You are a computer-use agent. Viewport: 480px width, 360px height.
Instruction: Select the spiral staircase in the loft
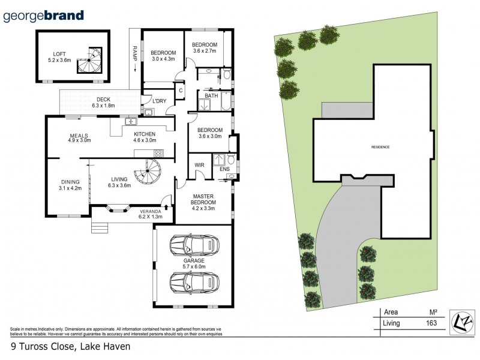[x=91, y=60]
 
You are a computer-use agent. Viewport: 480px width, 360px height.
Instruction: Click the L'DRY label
[x=159, y=101]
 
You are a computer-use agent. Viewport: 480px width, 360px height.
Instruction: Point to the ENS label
[x=224, y=170]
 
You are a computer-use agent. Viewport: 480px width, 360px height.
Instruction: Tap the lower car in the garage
[x=194, y=281]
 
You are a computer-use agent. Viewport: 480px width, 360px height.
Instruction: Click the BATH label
[x=211, y=95]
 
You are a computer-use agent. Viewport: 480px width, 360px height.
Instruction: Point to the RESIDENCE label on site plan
[x=380, y=147]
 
